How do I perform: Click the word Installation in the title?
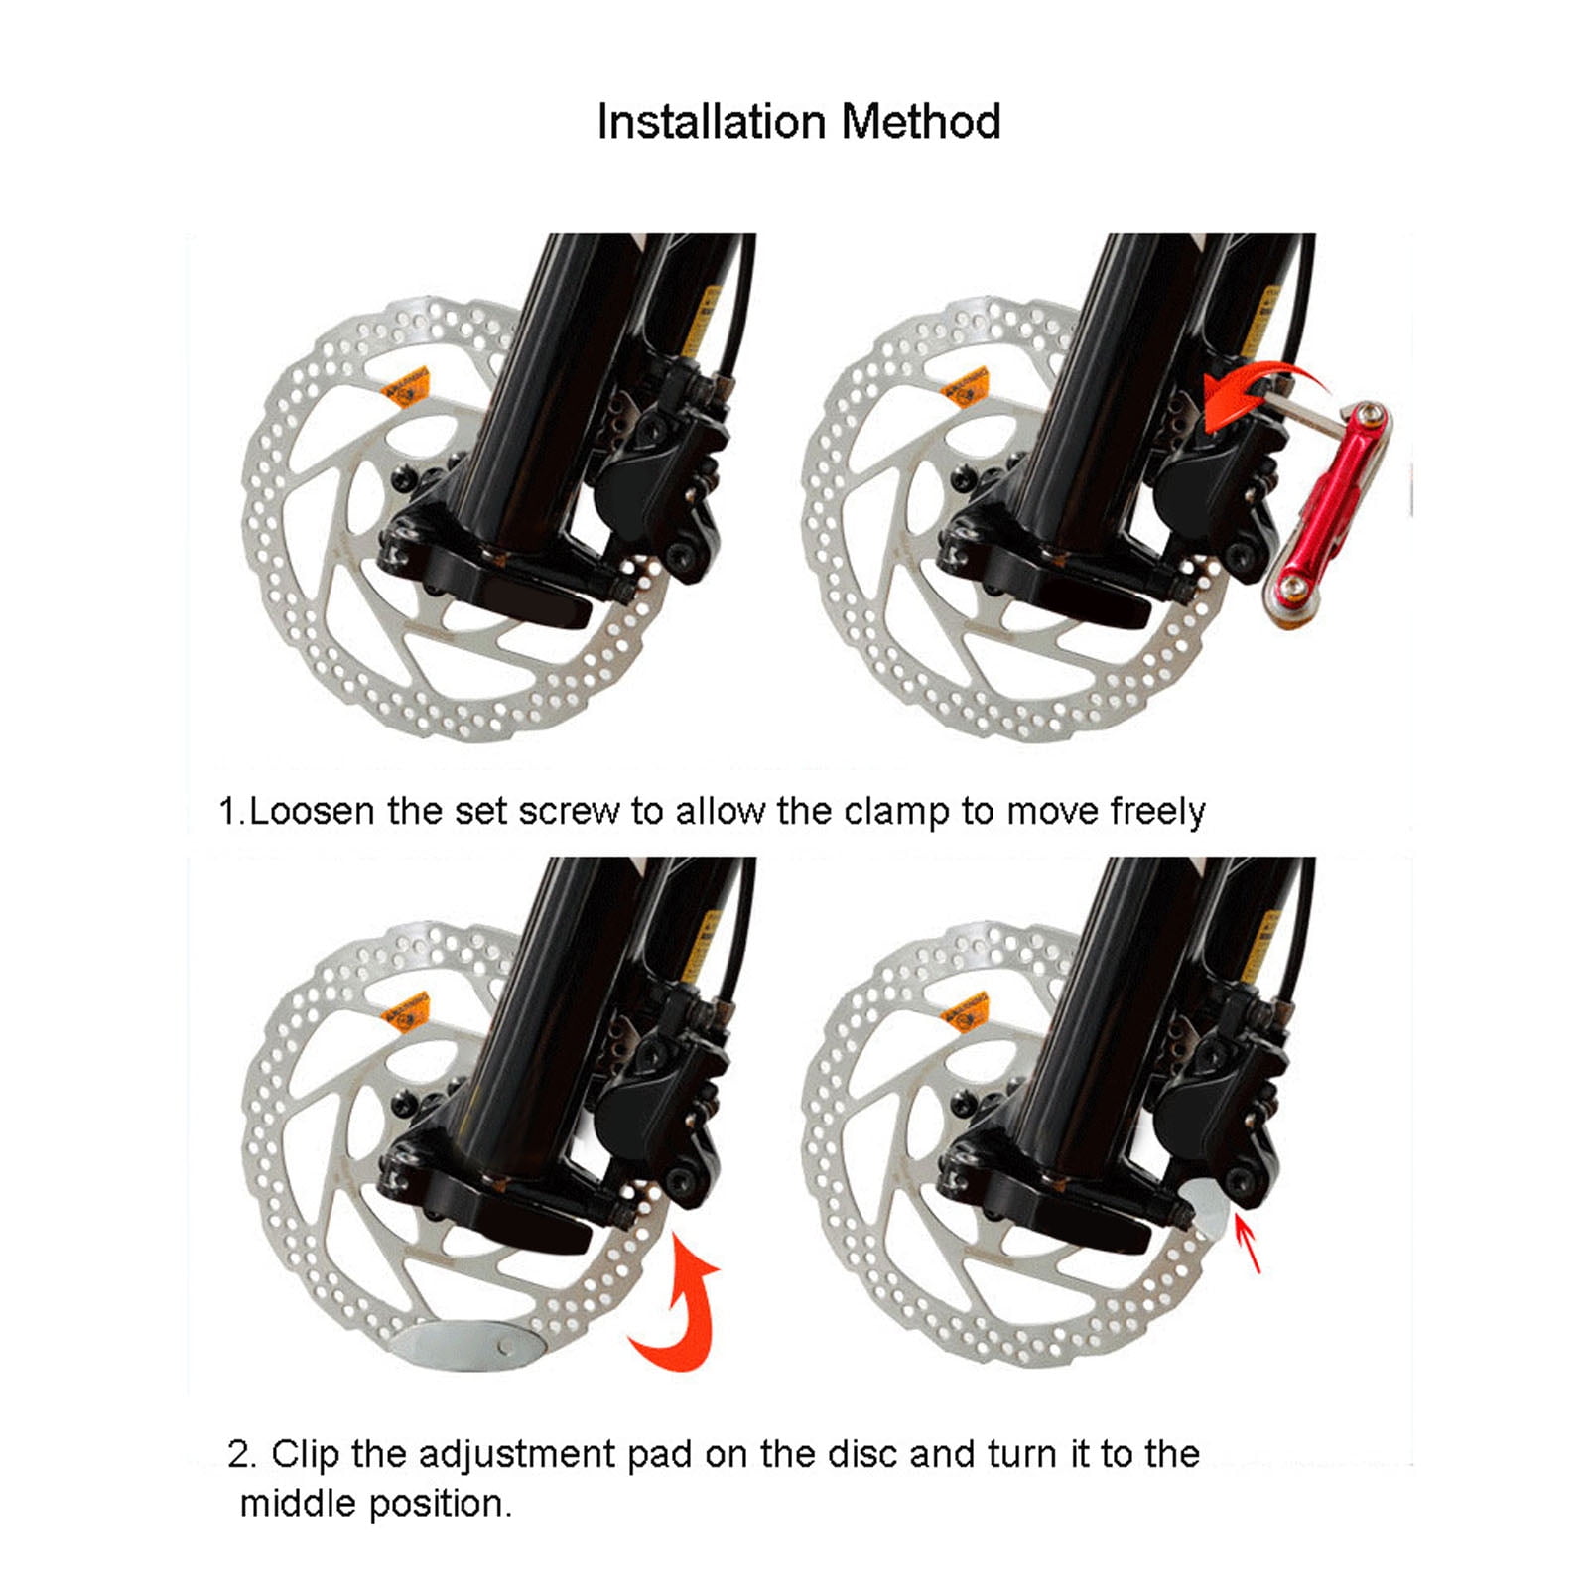point(711,123)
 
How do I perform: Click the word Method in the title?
point(920,123)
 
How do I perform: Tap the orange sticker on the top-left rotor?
point(407,387)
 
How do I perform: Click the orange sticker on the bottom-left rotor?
point(407,1011)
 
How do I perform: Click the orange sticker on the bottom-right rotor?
point(965,1010)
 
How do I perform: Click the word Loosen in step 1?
point(312,811)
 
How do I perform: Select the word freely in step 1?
point(1156,811)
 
